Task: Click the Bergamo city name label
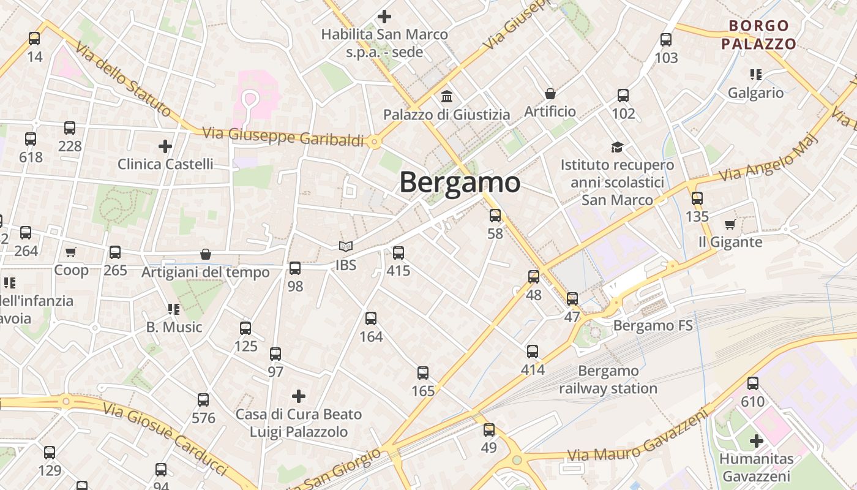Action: click(x=460, y=183)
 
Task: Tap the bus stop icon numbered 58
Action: click(x=495, y=216)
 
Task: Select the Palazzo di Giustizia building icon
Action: click(x=447, y=97)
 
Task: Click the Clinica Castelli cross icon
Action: click(x=165, y=146)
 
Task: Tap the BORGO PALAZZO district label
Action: click(x=758, y=34)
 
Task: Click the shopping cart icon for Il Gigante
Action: click(x=730, y=224)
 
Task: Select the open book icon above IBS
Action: click(x=346, y=246)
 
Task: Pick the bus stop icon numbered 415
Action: click(x=399, y=252)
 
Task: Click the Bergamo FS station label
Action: click(x=653, y=325)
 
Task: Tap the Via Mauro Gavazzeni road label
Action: click(x=637, y=442)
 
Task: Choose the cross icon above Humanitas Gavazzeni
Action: click(x=757, y=440)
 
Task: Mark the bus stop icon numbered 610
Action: click(x=753, y=383)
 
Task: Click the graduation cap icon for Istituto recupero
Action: click(x=617, y=147)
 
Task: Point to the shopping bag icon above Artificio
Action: click(x=550, y=94)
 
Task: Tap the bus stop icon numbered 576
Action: click(x=203, y=400)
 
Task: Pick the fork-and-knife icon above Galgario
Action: click(x=756, y=75)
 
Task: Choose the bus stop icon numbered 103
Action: click(x=666, y=40)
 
